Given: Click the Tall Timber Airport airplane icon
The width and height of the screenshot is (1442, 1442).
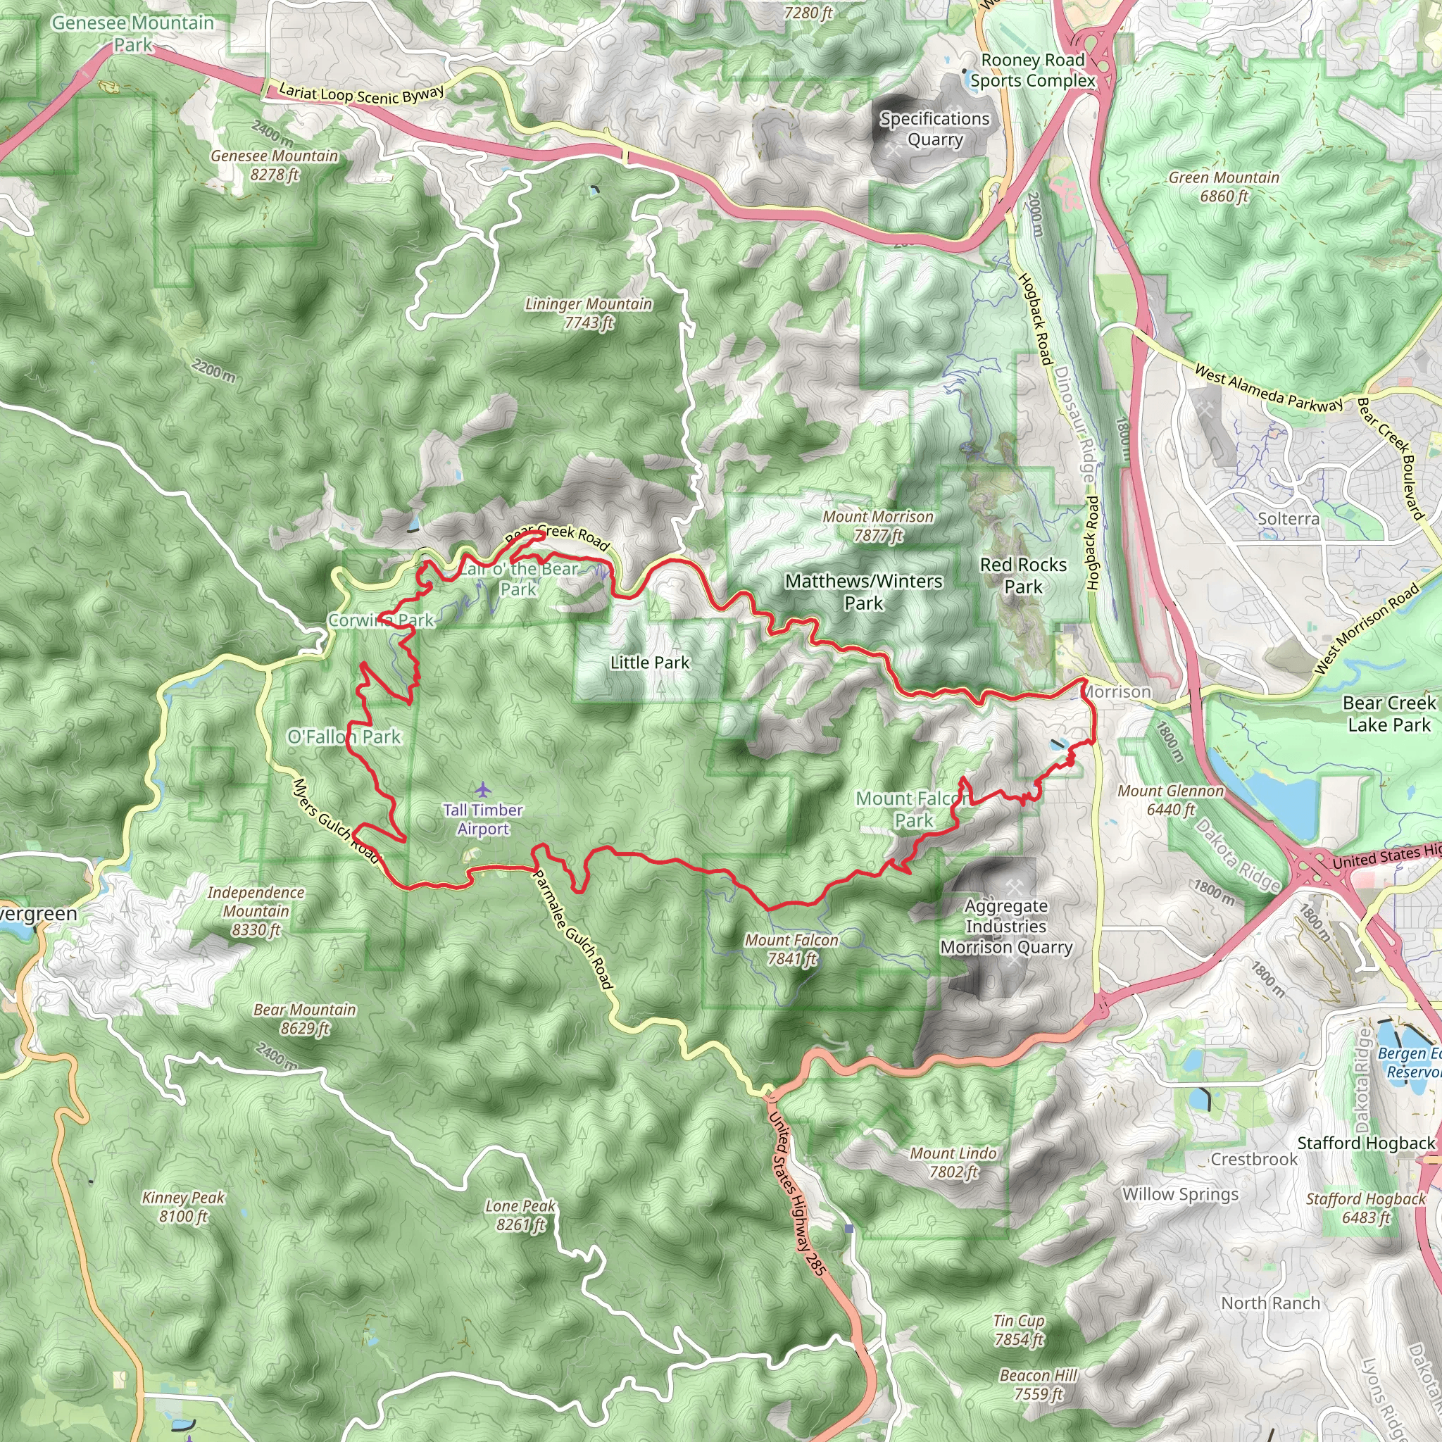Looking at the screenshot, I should coord(483,789).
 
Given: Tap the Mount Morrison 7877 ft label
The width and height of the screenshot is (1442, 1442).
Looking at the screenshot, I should coord(878,526).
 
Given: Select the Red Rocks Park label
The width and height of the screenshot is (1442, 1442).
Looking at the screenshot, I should coord(1023,575).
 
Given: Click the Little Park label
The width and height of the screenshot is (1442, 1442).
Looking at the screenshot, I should coord(649,662).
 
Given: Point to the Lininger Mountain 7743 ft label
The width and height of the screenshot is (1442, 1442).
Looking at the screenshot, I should coord(588,313).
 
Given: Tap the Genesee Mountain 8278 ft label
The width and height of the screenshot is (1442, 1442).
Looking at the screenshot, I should coord(274,165).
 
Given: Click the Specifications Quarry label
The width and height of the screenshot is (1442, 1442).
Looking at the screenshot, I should coord(934,129).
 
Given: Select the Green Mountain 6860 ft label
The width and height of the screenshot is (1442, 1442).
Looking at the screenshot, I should coord(1223,187).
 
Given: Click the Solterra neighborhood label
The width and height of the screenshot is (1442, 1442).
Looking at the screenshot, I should coord(1289,519).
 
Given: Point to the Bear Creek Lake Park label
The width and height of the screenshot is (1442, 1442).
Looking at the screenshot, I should coord(1388,713).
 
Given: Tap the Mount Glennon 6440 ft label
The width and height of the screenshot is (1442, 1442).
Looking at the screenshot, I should coord(1170,800).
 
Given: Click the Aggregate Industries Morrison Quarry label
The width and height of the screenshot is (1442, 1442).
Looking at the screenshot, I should coord(1006,927).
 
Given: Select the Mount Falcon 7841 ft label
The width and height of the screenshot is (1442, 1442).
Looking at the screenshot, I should coord(791,949).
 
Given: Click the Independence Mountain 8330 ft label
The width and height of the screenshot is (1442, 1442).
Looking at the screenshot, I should coord(256,910).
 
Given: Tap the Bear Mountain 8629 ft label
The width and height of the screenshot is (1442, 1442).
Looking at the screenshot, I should coord(304,1019).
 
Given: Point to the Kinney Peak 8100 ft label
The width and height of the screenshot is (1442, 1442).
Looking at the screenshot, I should coord(183,1207).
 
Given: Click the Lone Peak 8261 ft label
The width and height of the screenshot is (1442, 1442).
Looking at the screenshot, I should coord(520,1215).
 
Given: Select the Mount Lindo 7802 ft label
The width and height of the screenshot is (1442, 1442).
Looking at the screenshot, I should coord(953,1162).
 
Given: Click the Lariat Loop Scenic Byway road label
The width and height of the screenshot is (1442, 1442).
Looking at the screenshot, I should coord(361,95).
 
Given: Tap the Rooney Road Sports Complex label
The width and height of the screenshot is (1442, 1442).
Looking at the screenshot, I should coord(1033,70).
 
